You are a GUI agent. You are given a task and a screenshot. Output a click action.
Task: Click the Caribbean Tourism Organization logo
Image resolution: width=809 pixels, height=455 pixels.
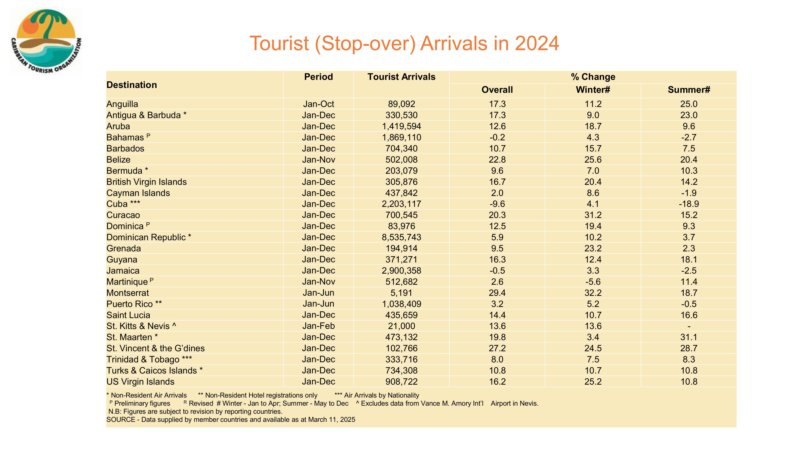46,41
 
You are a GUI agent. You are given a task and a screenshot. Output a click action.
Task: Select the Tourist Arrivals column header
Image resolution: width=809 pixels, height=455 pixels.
401,77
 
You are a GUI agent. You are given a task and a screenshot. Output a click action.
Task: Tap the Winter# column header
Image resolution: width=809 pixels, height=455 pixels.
593,90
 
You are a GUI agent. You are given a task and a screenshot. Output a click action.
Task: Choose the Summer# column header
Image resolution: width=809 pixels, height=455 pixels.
689,90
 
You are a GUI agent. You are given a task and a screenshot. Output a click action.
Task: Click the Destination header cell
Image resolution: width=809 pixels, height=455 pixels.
132,85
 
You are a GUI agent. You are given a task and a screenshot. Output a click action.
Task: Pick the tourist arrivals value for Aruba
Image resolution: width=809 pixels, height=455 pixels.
401,126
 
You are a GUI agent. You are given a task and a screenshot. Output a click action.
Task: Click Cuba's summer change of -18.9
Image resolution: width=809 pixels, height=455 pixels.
689,204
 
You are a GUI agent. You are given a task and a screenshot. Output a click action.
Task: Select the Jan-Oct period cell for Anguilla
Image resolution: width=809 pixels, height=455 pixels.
319,104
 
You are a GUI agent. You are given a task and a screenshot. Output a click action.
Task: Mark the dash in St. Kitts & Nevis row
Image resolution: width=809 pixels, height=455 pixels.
689,326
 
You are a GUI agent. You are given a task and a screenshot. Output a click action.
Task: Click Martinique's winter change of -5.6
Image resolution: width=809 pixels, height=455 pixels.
593,282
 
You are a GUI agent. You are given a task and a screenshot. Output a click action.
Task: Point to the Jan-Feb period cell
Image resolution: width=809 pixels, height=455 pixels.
319,326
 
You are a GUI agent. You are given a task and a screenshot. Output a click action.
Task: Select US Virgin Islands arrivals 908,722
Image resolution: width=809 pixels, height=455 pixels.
401,382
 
